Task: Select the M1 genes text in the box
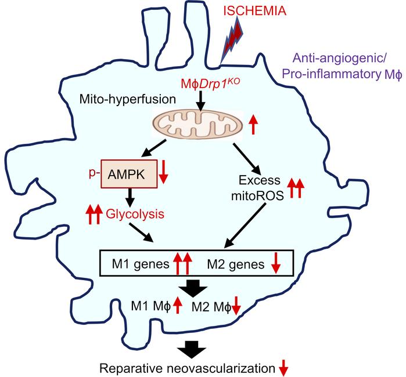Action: [139, 265]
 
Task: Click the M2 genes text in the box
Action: [235, 265]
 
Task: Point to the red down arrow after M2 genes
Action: [276, 266]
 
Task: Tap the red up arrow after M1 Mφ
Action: [177, 306]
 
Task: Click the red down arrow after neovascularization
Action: [283, 367]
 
